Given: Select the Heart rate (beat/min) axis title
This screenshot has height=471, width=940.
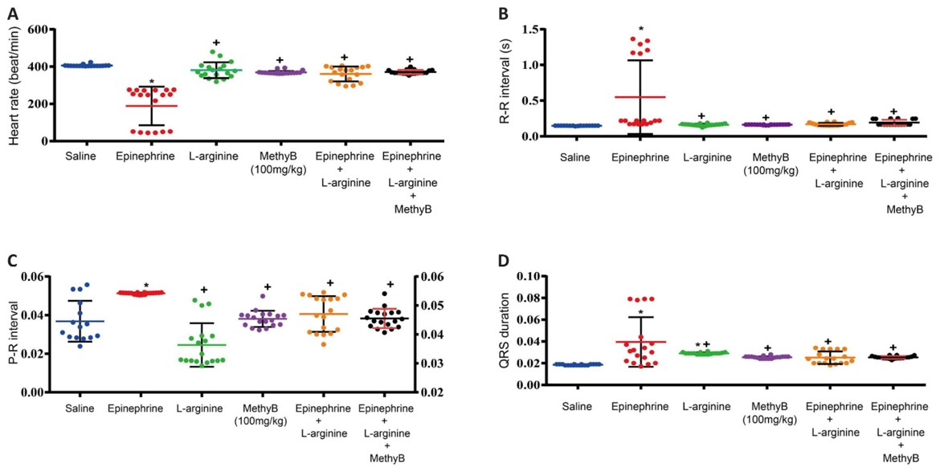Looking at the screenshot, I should coord(14,85).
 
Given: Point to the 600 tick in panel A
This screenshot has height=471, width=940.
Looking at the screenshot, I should coord(39,29).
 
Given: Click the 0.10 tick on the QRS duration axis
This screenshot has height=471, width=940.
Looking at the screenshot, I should coord(535,276).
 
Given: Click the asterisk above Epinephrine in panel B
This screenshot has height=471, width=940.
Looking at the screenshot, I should coord(640,30).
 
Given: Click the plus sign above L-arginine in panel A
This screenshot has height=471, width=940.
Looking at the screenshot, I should coord(215,43).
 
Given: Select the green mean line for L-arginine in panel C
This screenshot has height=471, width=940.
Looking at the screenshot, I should coord(202,345).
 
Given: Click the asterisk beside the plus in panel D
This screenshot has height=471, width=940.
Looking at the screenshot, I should coord(698,345).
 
